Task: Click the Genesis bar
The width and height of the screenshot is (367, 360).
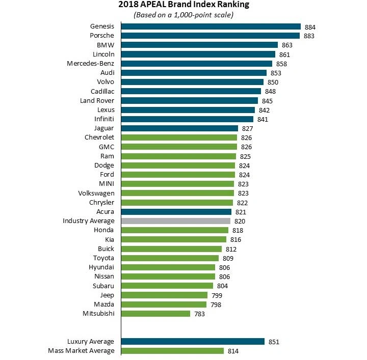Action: point(211,26)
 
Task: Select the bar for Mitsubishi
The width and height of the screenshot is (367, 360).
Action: point(155,314)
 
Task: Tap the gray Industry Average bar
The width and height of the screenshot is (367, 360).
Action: point(176,221)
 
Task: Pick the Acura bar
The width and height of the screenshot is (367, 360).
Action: point(176,212)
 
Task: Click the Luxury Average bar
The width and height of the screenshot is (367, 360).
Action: point(193,342)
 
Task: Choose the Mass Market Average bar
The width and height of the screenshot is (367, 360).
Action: point(172,351)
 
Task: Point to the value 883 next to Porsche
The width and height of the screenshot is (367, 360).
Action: point(309,36)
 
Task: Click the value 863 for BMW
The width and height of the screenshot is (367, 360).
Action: point(287,45)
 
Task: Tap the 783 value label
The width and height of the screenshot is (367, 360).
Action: point(199,314)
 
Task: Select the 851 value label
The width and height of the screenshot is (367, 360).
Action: point(274,342)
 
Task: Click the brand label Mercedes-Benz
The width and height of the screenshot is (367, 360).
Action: point(90,64)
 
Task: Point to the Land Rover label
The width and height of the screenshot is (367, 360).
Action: point(96,101)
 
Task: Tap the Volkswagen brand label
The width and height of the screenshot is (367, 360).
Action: point(96,193)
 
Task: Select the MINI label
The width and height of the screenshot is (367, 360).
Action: point(107,184)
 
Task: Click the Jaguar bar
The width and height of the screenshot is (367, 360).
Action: point(179,128)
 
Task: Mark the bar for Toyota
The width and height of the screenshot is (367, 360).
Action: point(170,258)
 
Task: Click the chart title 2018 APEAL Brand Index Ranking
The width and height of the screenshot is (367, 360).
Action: point(183,5)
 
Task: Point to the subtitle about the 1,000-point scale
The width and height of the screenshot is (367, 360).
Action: point(183,15)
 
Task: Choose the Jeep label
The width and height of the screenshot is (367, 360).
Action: point(107,295)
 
